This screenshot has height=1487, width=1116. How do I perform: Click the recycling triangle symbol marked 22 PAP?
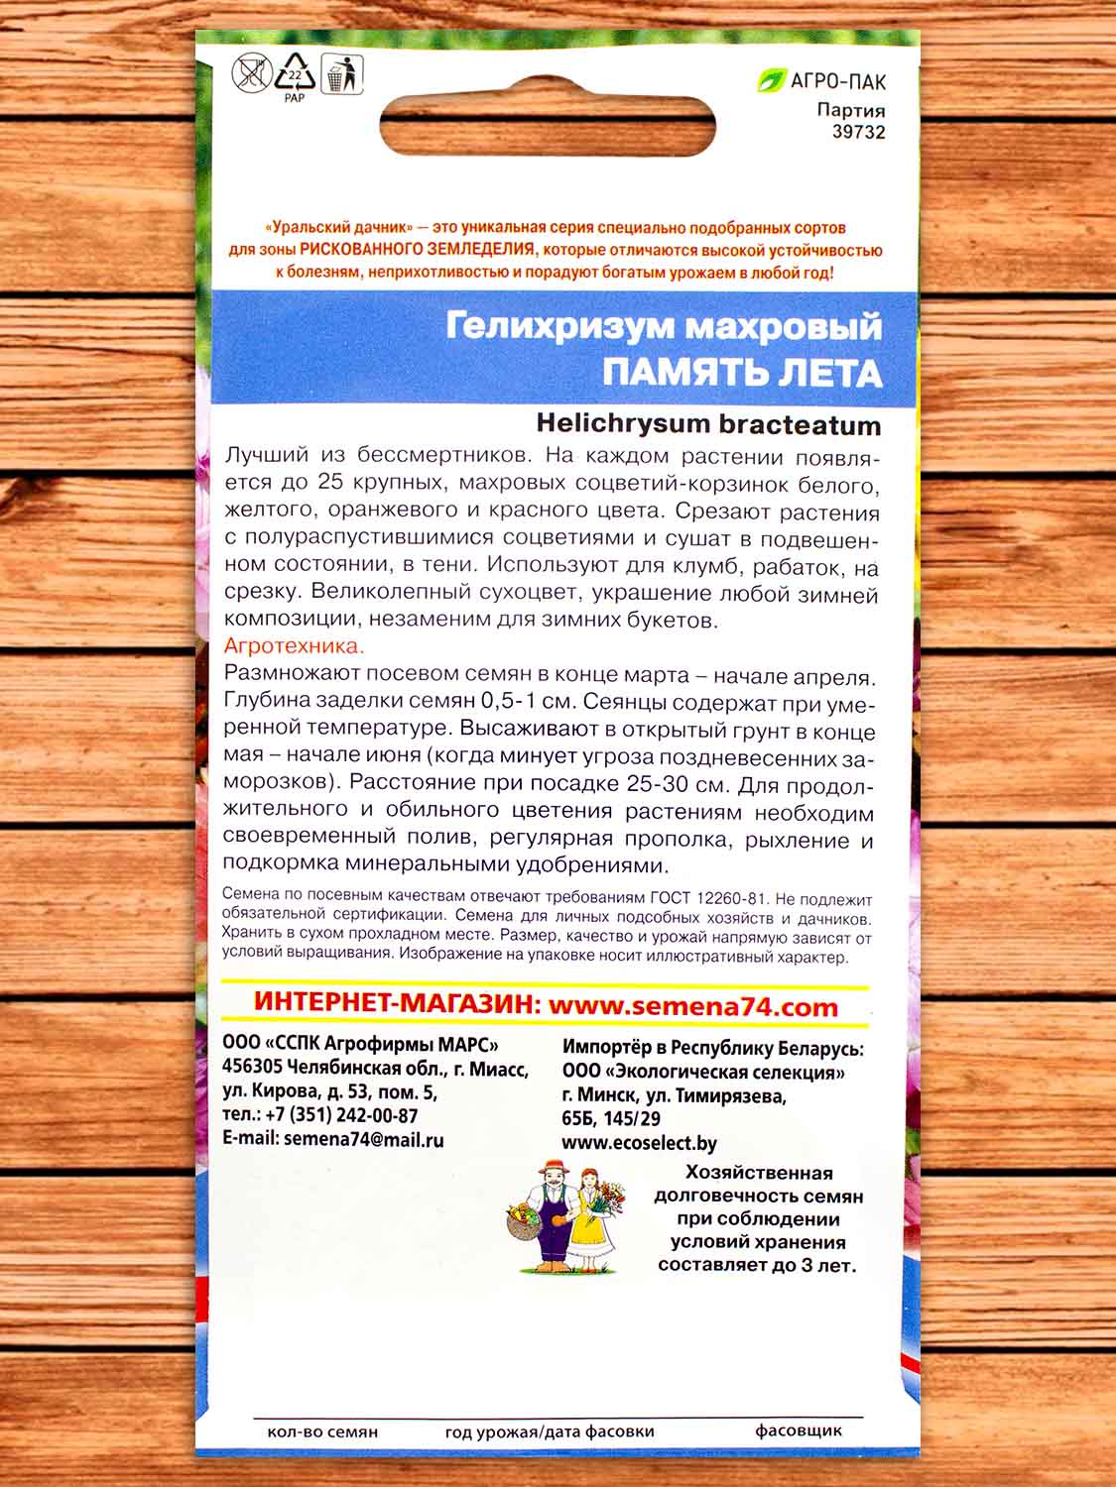click(295, 75)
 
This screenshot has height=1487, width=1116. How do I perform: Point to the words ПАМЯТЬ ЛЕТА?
click(742, 373)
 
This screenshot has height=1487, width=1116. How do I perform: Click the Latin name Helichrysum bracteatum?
click(708, 424)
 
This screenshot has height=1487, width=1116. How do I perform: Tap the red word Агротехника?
click(295, 647)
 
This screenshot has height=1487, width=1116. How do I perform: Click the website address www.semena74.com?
click(693, 1006)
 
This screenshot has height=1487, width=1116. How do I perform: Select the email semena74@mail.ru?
click(363, 1139)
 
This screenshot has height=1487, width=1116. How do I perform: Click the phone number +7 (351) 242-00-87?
click(336, 1116)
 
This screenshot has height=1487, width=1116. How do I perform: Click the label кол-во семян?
click(322, 1431)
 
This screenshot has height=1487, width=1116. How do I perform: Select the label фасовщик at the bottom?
click(799, 1430)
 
